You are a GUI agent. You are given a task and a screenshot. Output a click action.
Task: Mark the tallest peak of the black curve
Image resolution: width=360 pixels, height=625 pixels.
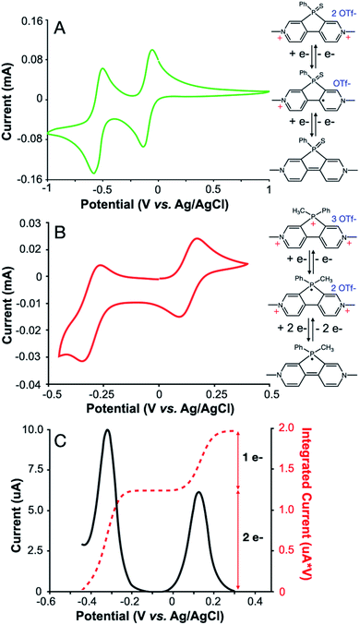[108, 430]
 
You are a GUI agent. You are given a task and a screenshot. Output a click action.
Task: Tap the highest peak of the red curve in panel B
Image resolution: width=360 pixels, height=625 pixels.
[197, 239]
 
